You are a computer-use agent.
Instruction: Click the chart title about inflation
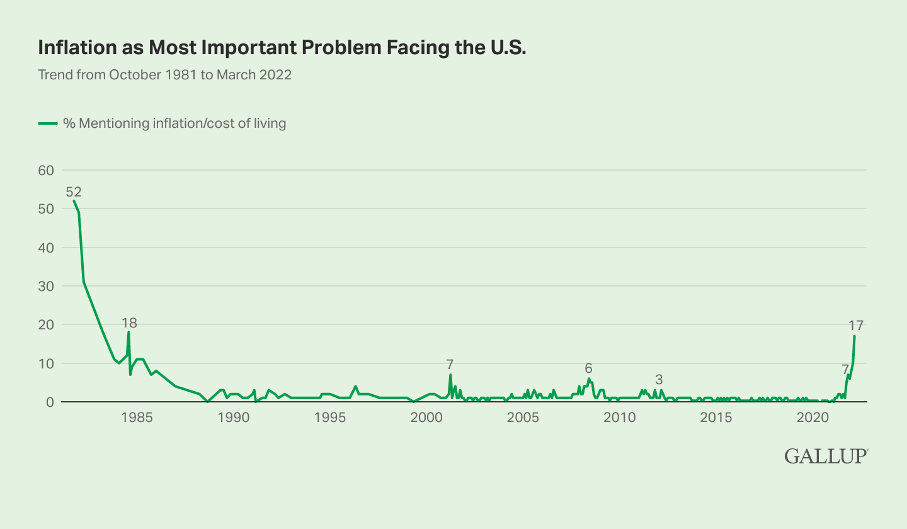(x=282, y=47)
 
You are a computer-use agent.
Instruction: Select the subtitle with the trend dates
(x=164, y=75)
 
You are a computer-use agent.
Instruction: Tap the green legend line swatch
(x=48, y=123)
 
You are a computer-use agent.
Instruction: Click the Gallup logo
(x=826, y=456)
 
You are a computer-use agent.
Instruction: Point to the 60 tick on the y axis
(x=46, y=170)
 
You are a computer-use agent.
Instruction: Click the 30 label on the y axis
(x=46, y=286)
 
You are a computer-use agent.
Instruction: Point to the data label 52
(x=74, y=192)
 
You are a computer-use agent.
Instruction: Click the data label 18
(x=129, y=323)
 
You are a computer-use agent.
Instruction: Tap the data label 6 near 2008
(x=588, y=368)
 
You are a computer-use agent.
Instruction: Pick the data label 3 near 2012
(x=659, y=380)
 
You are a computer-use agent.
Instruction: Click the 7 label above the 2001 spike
(x=450, y=364)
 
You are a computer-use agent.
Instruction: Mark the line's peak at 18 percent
(x=128, y=333)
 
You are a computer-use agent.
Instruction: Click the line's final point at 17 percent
(x=855, y=336)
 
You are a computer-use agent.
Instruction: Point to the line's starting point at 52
(x=74, y=201)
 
